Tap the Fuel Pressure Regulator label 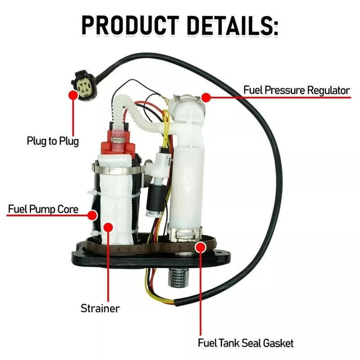click(x=297, y=90)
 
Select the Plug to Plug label click(x=53, y=141)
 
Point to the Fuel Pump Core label click(x=43, y=209)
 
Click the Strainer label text click(x=100, y=308)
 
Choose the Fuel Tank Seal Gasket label click(x=246, y=343)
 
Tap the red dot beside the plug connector click(x=72, y=94)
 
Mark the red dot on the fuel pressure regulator click(x=206, y=96)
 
